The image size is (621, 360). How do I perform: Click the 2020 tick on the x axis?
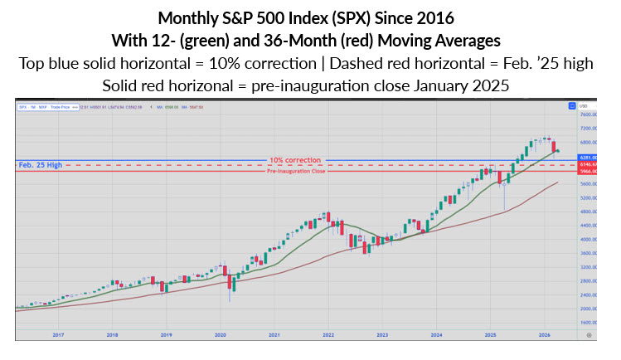pyautogui.click(x=221, y=335)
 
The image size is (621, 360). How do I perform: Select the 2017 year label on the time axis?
pyautogui.click(x=58, y=335)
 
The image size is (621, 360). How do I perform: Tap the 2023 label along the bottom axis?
pyautogui.click(x=382, y=335)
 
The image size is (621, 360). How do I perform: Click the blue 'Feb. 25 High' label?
pyautogui.click(x=41, y=165)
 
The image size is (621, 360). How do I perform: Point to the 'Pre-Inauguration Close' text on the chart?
pyautogui.click(x=295, y=171)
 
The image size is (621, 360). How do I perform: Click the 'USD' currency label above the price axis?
pyautogui.click(x=585, y=106)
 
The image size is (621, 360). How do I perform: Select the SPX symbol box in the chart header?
pyautogui.click(x=22, y=105)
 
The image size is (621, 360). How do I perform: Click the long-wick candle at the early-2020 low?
pyautogui.click(x=230, y=286)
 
